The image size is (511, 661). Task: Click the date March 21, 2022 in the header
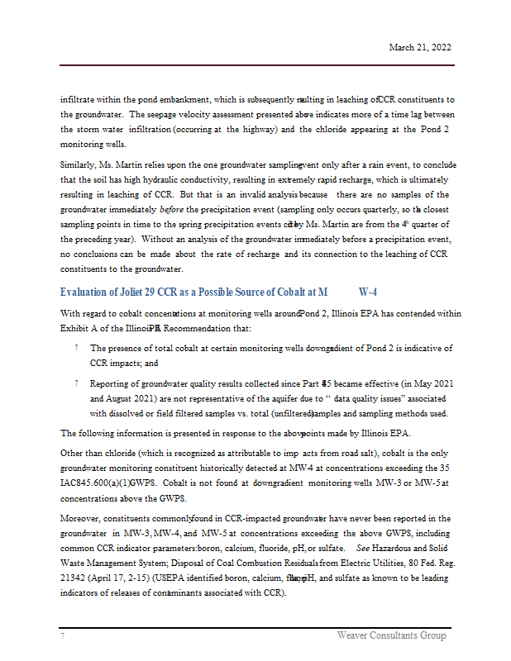coord(420,48)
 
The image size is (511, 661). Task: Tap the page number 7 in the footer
coord(62,635)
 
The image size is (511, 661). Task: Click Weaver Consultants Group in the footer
coord(391,635)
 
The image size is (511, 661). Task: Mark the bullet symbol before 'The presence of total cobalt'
coord(76,349)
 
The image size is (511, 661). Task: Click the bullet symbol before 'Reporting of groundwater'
coord(76,384)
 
